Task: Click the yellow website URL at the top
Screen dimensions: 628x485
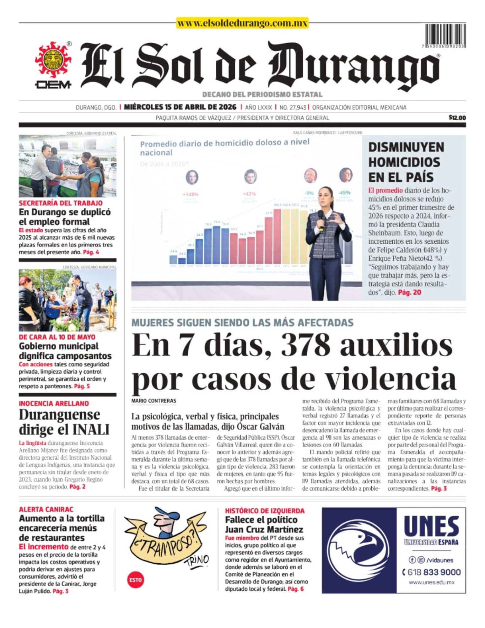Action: pos(242,23)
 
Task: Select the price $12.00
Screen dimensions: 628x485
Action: pos(457,118)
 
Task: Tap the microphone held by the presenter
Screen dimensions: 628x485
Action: pos(321,218)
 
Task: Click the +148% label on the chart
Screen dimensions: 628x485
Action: pos(191,194)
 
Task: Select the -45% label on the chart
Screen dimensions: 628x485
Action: pos(344,192)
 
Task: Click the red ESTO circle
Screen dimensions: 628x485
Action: pos(136,580)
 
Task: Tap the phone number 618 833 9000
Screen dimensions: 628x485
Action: pos(431,572)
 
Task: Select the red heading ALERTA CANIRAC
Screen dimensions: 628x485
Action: pos(46,509)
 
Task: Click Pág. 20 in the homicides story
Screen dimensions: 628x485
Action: pos(409,292)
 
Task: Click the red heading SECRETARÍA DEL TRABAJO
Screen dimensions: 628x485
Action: pos(61,203)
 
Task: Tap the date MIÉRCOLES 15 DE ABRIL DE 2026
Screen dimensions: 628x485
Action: pos(180,107)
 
